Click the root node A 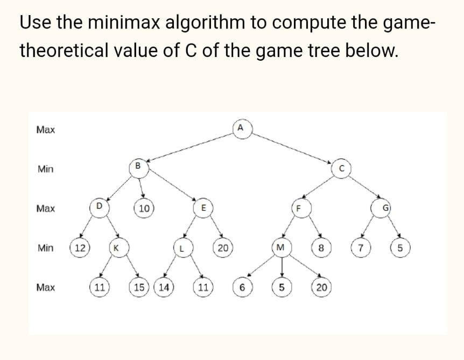click(x=241, y=128)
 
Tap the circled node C click(x=340, y=168)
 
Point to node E click(x=203, y=208)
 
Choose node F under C click(x=300, y=208)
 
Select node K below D click(x=116, y=249)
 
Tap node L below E click(x=182, y=249)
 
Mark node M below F click(x=279, y=248)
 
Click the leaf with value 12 click(x=79, y=248)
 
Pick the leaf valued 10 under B click(x=144, y=208)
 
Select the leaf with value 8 click(x=320, y=248)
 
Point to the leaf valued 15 click(x=138, y=287)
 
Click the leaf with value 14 click(x=163, y=287)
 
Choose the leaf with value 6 click(x=242, y=288)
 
